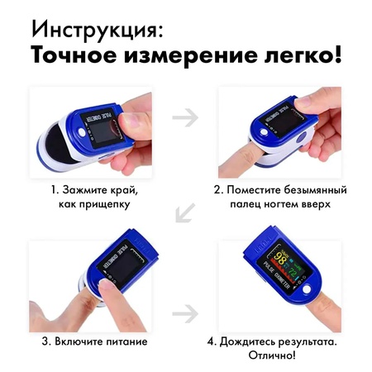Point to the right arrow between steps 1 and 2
click(187, 117)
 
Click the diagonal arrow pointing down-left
click(185, 215)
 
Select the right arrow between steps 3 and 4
click(187, 314)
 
